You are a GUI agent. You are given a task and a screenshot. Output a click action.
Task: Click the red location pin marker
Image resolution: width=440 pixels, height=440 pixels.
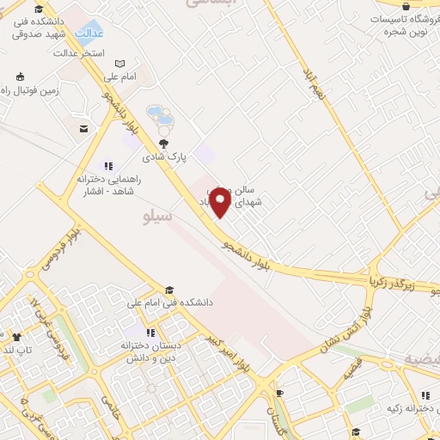[221, 202]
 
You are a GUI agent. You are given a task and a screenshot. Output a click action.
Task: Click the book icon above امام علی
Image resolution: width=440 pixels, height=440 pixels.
[119, 63]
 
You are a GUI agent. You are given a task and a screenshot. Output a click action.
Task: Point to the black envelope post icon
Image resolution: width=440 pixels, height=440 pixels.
[83, 129]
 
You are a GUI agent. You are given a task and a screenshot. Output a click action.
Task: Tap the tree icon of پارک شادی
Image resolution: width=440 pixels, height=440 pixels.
[163, 143]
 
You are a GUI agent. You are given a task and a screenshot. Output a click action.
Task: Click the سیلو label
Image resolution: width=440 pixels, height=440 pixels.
[157, 217]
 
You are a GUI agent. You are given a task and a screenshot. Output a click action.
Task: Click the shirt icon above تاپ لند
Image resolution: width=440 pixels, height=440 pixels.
[16, 337]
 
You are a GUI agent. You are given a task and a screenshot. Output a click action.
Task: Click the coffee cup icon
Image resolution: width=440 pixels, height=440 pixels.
[279, 393]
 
